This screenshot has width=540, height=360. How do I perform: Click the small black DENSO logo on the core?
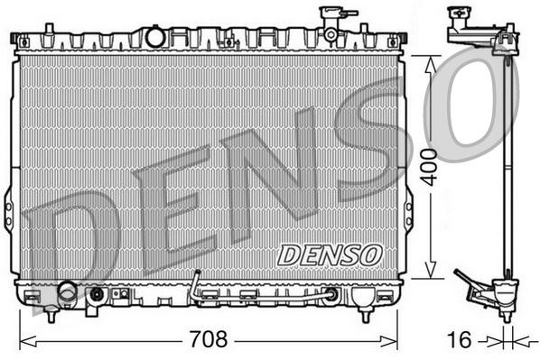click(x=329, y=254)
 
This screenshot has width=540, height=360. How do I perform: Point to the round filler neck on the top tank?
click(x=154, y=36)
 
